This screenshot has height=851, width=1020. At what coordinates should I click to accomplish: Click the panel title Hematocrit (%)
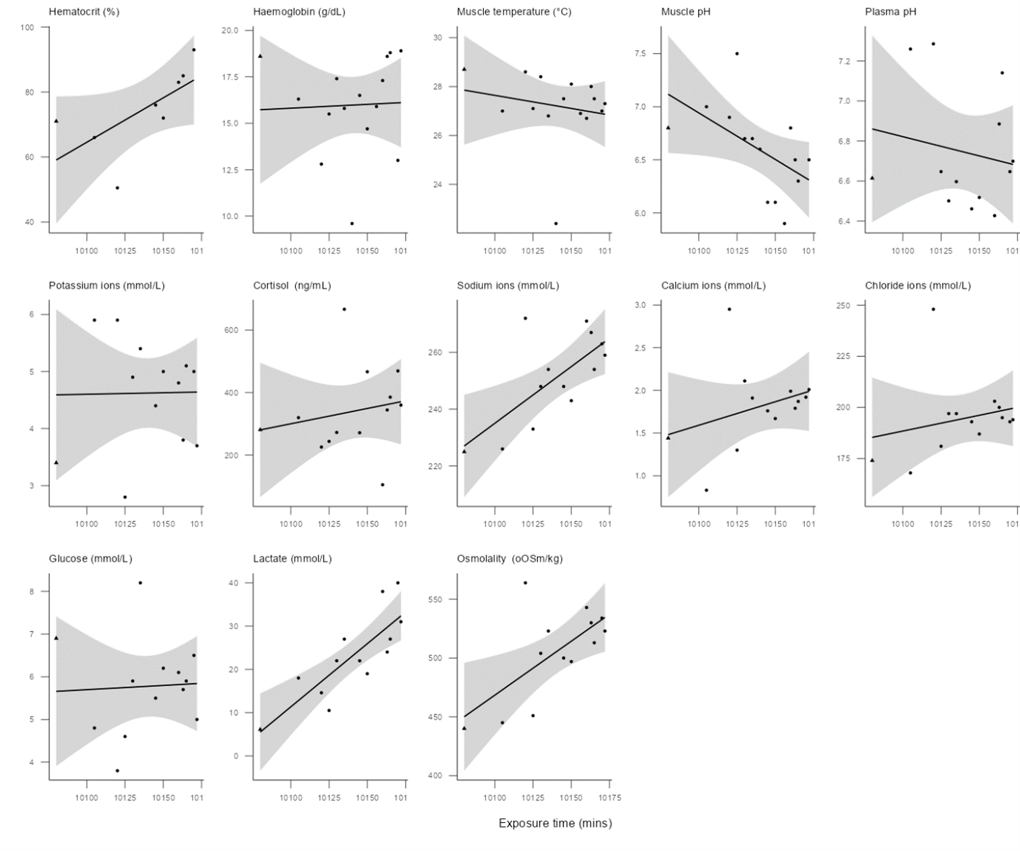[84, 12]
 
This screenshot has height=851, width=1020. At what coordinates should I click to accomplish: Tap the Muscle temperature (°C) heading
[514, 12]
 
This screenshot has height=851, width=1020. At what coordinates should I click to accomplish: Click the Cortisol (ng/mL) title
[292, 286]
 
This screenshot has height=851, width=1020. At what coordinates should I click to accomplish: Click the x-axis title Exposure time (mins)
[555, 823]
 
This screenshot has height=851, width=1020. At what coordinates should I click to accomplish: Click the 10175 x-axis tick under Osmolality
[610, 798]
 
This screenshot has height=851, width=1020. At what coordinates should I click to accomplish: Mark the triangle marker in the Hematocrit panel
[56, 121]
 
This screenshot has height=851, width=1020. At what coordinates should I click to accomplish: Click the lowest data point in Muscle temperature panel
[556, 223]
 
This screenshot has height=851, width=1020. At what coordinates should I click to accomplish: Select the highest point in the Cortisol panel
[344, 309]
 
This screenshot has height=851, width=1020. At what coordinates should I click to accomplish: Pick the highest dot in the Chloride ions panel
[933, 309]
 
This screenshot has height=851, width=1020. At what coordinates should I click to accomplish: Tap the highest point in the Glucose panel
[140, 583]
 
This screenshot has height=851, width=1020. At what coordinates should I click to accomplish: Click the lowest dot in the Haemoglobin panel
[352, 223]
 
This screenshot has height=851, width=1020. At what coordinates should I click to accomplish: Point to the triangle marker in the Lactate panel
[260, 729]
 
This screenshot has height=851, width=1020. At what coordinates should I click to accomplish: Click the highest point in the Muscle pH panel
[737, 53]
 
